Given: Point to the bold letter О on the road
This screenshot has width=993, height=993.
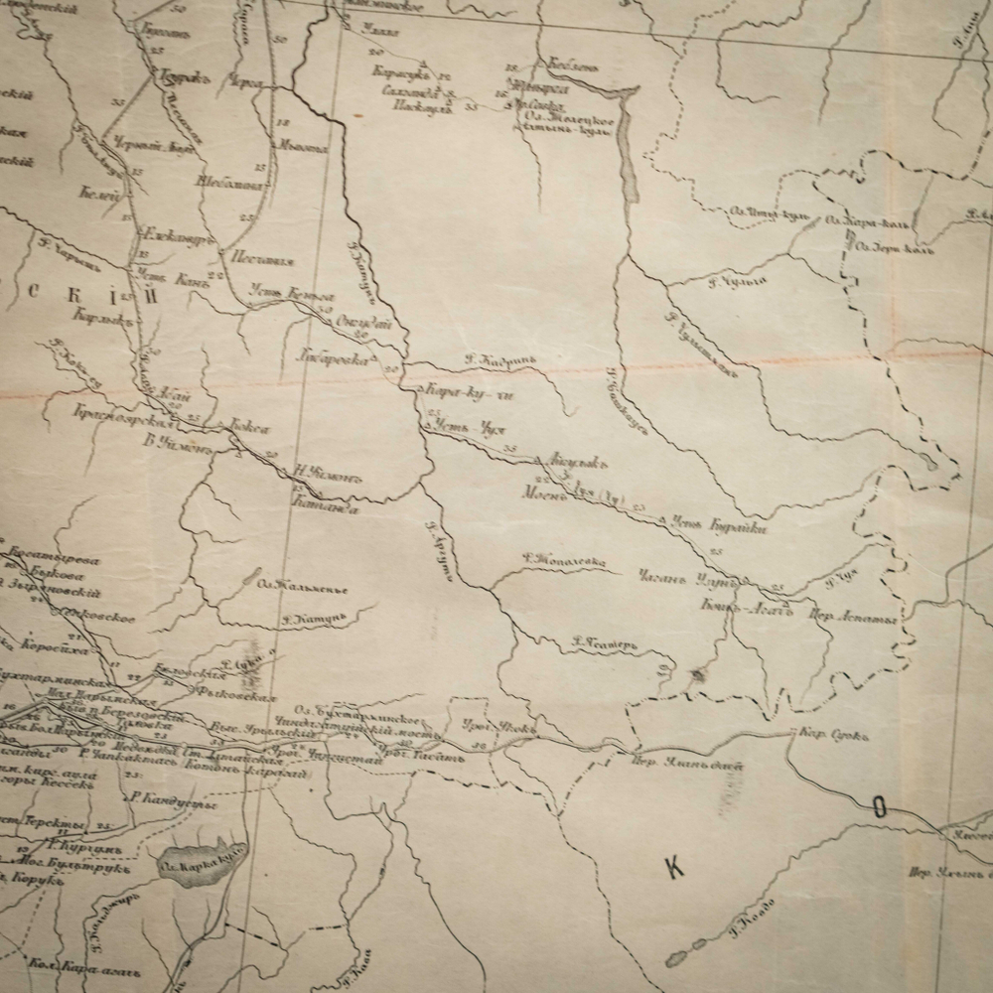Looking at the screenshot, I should click(x=879, y=807).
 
